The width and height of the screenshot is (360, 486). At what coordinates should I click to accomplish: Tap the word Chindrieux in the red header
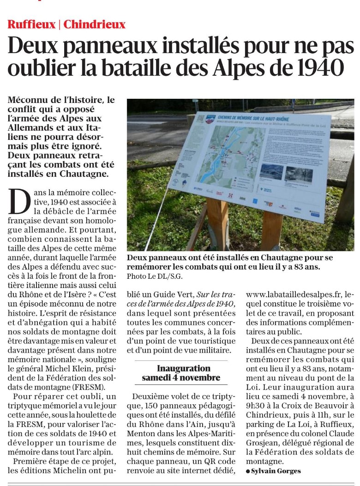[95, 24]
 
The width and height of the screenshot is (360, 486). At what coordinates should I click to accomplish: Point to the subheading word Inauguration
[183, 368]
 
